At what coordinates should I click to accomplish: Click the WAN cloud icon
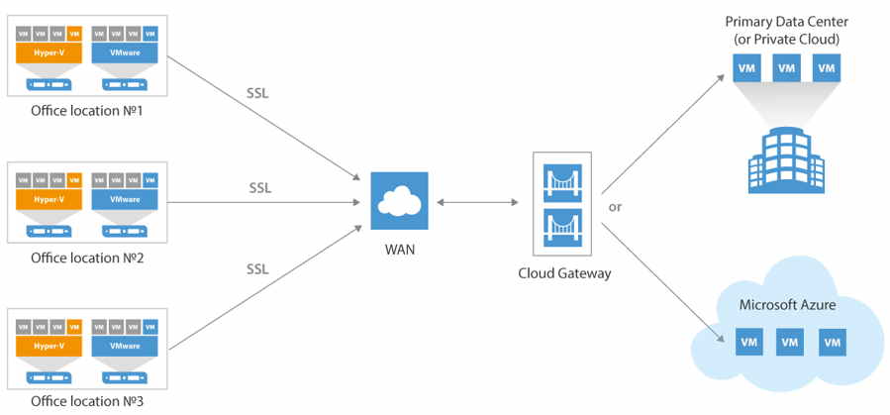pos(399,202)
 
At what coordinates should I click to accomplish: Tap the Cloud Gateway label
pos(564,273)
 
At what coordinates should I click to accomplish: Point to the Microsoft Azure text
pos(787,304)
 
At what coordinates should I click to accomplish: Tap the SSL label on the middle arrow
pos(259,187)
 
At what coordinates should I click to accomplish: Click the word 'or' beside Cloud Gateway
pos(615,207)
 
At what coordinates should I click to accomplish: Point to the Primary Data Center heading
pos(788,22)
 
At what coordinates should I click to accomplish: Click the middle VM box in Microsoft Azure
pos(789,343)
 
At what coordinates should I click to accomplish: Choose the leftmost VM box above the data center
pos(746,68)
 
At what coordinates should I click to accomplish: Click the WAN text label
pos(399,250)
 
